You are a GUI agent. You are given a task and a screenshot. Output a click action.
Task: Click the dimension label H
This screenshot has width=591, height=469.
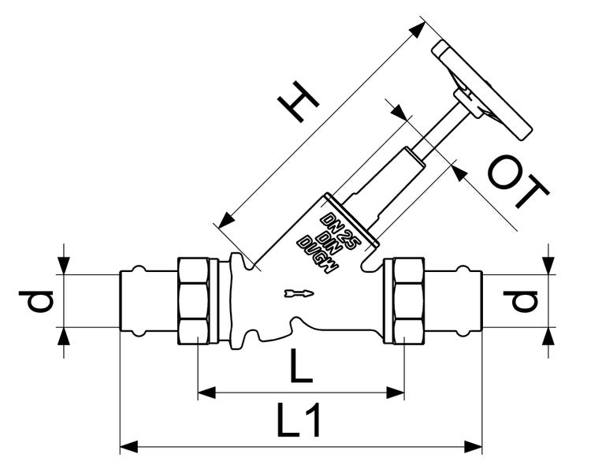(x=299, y=102)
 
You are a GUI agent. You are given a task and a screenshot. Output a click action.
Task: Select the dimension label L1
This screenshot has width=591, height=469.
(x=299, y=420)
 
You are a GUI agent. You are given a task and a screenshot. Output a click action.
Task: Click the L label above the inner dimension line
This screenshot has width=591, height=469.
(x=301, y=365)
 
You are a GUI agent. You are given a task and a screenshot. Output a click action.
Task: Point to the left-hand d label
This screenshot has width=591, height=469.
(x=36, y=301)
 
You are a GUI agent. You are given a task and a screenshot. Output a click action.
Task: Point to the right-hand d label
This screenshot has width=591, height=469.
(x=521, y=301)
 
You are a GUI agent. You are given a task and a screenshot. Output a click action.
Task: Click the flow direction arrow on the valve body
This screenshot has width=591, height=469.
(x=299, y=293)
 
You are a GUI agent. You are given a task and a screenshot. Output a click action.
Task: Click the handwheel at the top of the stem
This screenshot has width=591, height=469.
(x=482, y=91)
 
